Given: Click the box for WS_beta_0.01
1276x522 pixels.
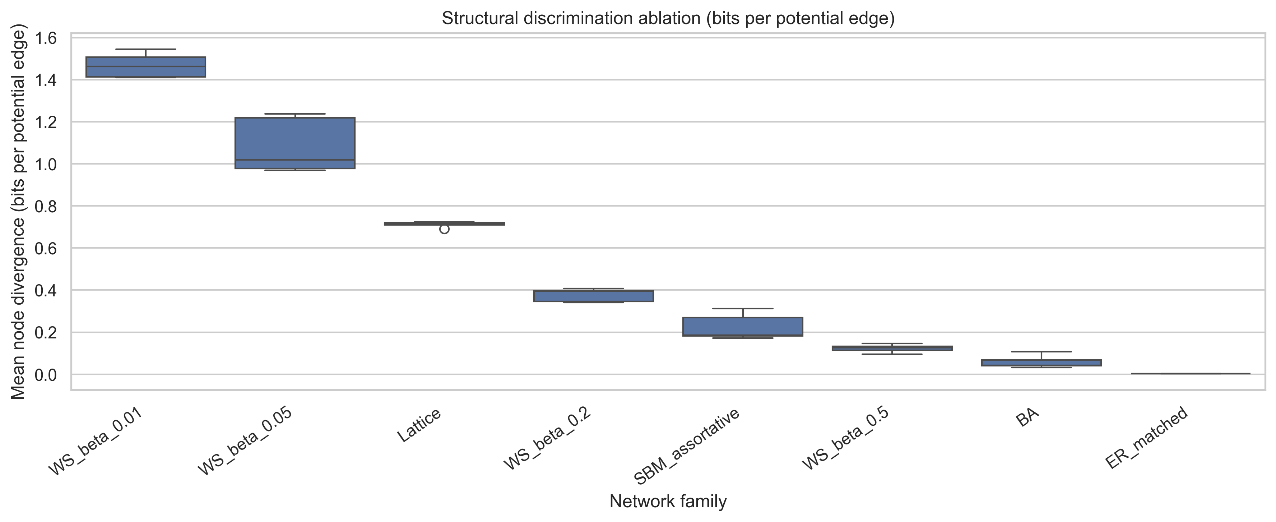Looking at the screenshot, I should coord(146,67).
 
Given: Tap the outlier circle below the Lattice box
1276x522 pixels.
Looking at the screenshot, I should coord(444,229).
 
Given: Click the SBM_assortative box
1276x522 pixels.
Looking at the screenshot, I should coord(743,327).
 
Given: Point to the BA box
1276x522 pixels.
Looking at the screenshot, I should coord(1041,363).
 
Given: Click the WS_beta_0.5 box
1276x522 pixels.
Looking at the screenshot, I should coord(892,348).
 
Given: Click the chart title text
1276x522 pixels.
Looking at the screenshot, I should coord(668,18).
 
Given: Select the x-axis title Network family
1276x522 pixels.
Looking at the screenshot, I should coord(668,501).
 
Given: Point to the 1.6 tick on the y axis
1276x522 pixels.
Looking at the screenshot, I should coord(46,38).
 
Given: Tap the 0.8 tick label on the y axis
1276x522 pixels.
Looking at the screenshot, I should coord(46,206).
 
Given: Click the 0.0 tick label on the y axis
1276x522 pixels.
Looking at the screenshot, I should coord(46,375).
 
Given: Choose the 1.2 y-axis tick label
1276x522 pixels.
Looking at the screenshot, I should coord(46,122).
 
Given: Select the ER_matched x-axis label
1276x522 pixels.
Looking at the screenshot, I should coord(1147,437).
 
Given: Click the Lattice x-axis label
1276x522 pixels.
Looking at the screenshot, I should coord(419,425).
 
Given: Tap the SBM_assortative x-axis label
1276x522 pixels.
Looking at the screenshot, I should coord(687,446).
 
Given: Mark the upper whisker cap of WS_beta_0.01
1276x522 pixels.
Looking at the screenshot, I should coord(146,49).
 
